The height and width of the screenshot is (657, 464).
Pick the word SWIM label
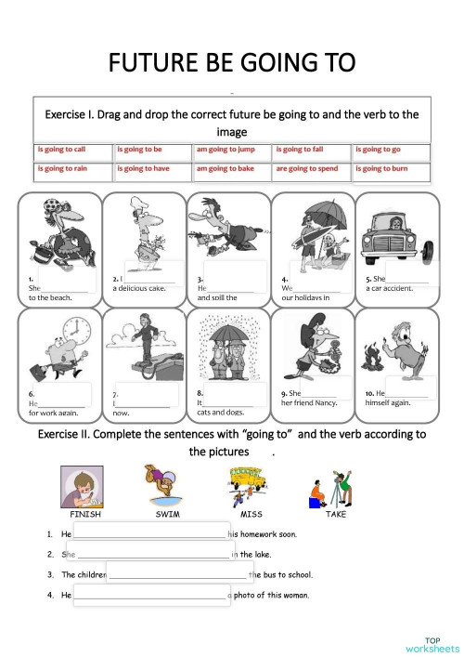167,514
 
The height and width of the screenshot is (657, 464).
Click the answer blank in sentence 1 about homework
148,534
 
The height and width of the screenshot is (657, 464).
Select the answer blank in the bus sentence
176,574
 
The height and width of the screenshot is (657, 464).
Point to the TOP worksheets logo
432,644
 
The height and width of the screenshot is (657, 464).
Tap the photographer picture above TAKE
329,484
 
